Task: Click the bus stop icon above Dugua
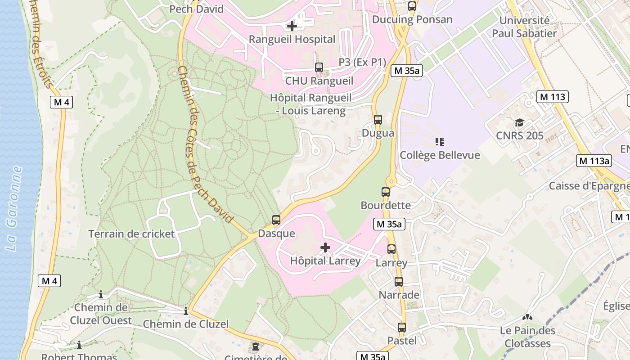(378, 120)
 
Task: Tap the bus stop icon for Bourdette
(386, 192)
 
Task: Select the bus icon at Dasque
(276, 220)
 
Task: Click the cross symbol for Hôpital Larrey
(325, 247)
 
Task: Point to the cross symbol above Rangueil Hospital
(292, 26)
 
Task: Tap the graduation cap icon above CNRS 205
(520, 122)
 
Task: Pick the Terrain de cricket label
(131, 234)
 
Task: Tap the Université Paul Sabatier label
(524, 27)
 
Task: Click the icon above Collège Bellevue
(440, 142)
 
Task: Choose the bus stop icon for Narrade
(399, 282)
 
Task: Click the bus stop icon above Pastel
(402, 328)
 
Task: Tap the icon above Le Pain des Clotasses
(527, 317)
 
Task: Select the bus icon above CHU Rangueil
(319, 67)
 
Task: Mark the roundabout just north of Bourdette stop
(391, 182)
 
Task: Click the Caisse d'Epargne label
(589, 186)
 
